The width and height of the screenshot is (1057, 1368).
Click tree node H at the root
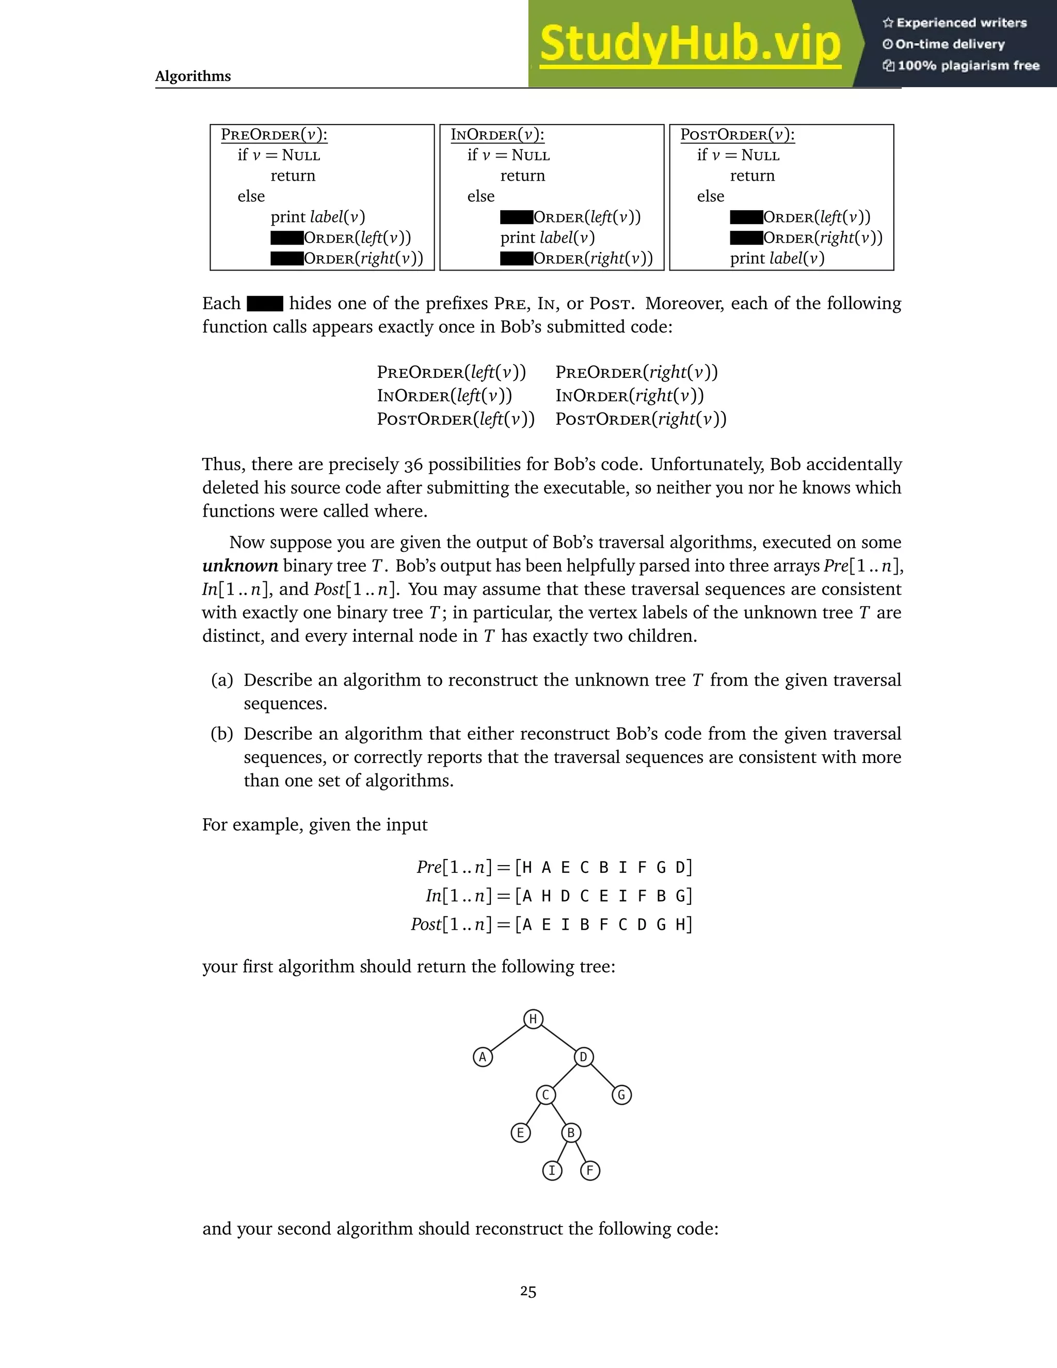pos(533,1020)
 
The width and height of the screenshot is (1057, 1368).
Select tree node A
pos(482,1057)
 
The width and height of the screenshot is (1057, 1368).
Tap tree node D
pos(583,1057)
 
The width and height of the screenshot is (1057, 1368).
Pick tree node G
pos(621,1095)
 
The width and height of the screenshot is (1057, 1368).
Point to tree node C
pos(546,1095)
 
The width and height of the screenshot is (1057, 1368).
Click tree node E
pos(520,1133)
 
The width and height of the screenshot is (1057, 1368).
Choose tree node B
pos(570,1133)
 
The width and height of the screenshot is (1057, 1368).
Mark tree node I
pos(552,1171)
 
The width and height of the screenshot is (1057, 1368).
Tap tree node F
pos(590,1171)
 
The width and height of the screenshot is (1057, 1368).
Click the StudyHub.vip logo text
pos(690,44)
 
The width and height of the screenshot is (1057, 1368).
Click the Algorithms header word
pos(193,76)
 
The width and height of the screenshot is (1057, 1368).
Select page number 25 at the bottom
pos(528,1292)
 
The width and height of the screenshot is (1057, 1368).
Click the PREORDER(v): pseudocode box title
pos(274,135)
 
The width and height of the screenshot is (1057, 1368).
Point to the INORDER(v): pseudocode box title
pos(497,135)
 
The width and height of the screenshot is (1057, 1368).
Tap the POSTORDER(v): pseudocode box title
pos(737,135)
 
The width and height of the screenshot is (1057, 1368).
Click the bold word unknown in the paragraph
pos(240,566)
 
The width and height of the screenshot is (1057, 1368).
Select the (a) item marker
pos(221,680)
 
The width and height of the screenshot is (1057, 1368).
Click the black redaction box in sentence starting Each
pos(265,304)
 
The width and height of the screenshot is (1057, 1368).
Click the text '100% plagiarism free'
pos(968,66)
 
